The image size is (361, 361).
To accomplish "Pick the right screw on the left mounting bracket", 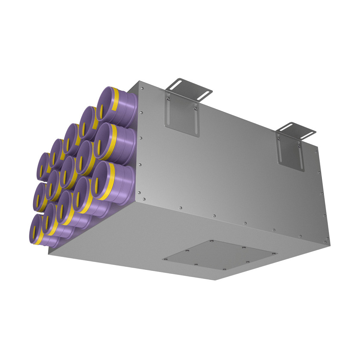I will click(196, 108).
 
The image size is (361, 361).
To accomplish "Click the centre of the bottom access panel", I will click(219, 256).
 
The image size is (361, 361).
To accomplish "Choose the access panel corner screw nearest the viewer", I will click(224, 269).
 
